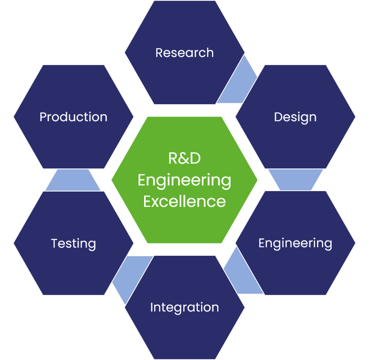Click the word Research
pyautogui.click(x=184, y=52)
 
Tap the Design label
pyautogui.click(x=295, y=117)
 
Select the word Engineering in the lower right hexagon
pyautogui.click(x=295, y=243)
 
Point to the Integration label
pyautogui.click(x=184, y=307)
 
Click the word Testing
pyautogui.click(x=74, y=243)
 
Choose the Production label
pyautogui.click(x=74, y=117)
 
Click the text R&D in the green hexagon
pyautogui.click(x=184, y=158)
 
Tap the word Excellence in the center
pyautogui.click(x=184, y=201)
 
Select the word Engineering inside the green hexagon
pyautogui.click(x=184, y=180)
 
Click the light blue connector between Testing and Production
pyautogui.click(x=74, y=180)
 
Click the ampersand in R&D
pyautogui.click(x=184, y=158)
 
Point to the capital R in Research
pyautogui.click(x=159, y=52)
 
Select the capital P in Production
pyautogui.click(x=43, y=117)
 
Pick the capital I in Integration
pyautogui.click(x=152, y=307)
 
